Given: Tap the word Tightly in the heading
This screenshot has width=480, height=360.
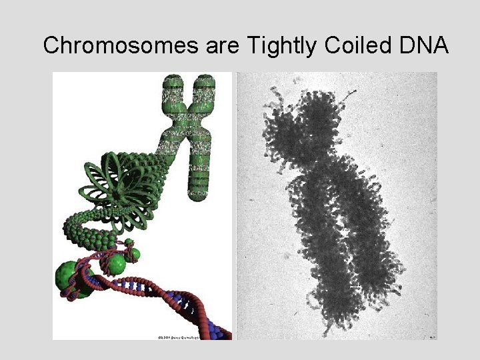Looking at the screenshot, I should [276, 45].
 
